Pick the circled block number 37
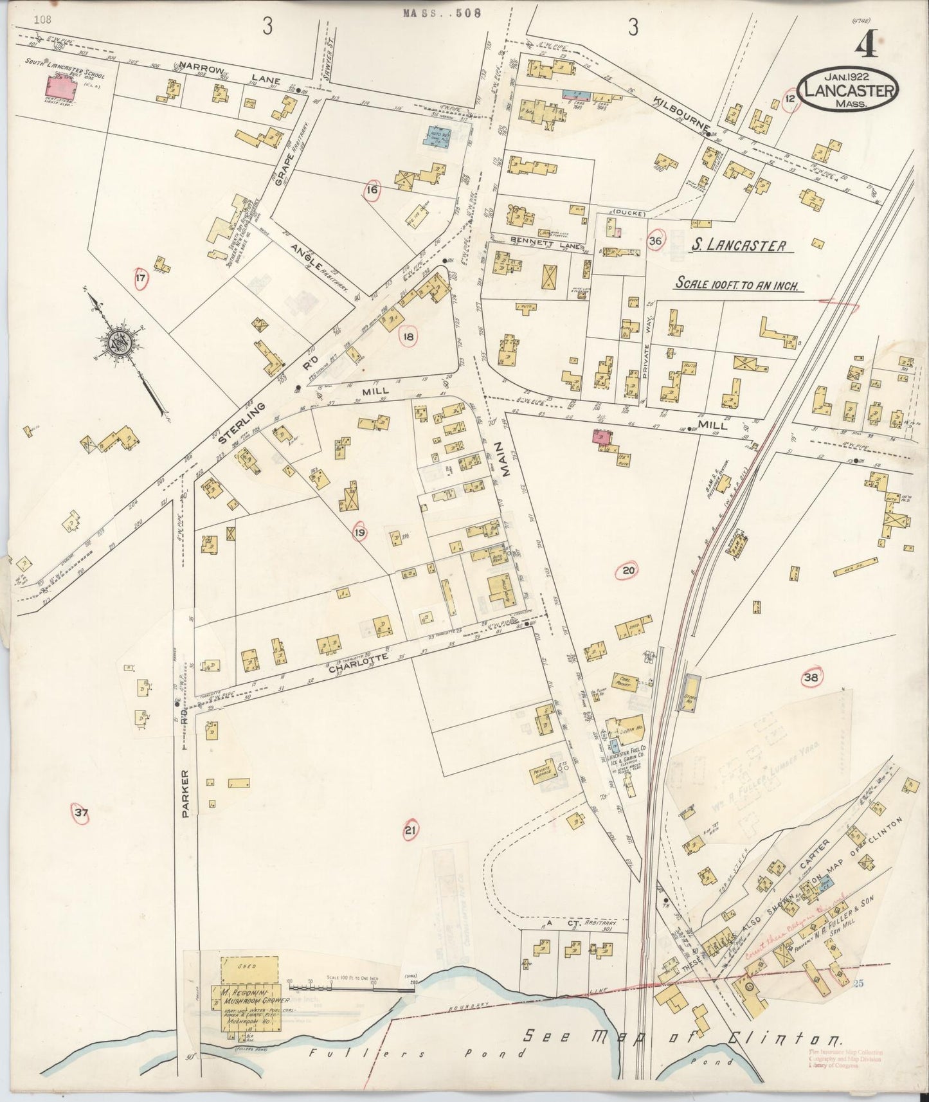click(x=80, y=814)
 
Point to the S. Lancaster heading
click(x=739, y=246)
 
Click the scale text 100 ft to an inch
click(x=736, y=284)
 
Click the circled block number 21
click(x=410, y=832)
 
